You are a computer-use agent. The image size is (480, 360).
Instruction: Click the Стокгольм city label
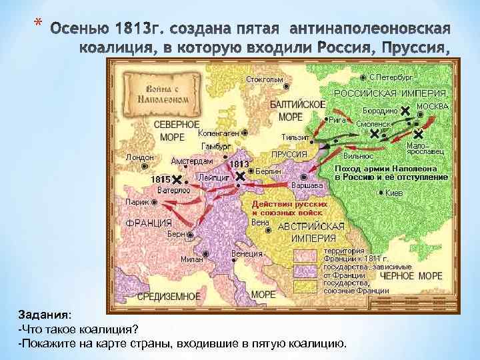click(264, 80)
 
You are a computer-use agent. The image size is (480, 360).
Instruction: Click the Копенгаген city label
click(219, 133)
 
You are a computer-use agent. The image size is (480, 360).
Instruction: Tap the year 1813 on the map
click(239, 163)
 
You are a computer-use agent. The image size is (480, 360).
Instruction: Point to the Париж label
click(137, 201)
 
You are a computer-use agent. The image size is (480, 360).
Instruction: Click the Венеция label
click(246, 253)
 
